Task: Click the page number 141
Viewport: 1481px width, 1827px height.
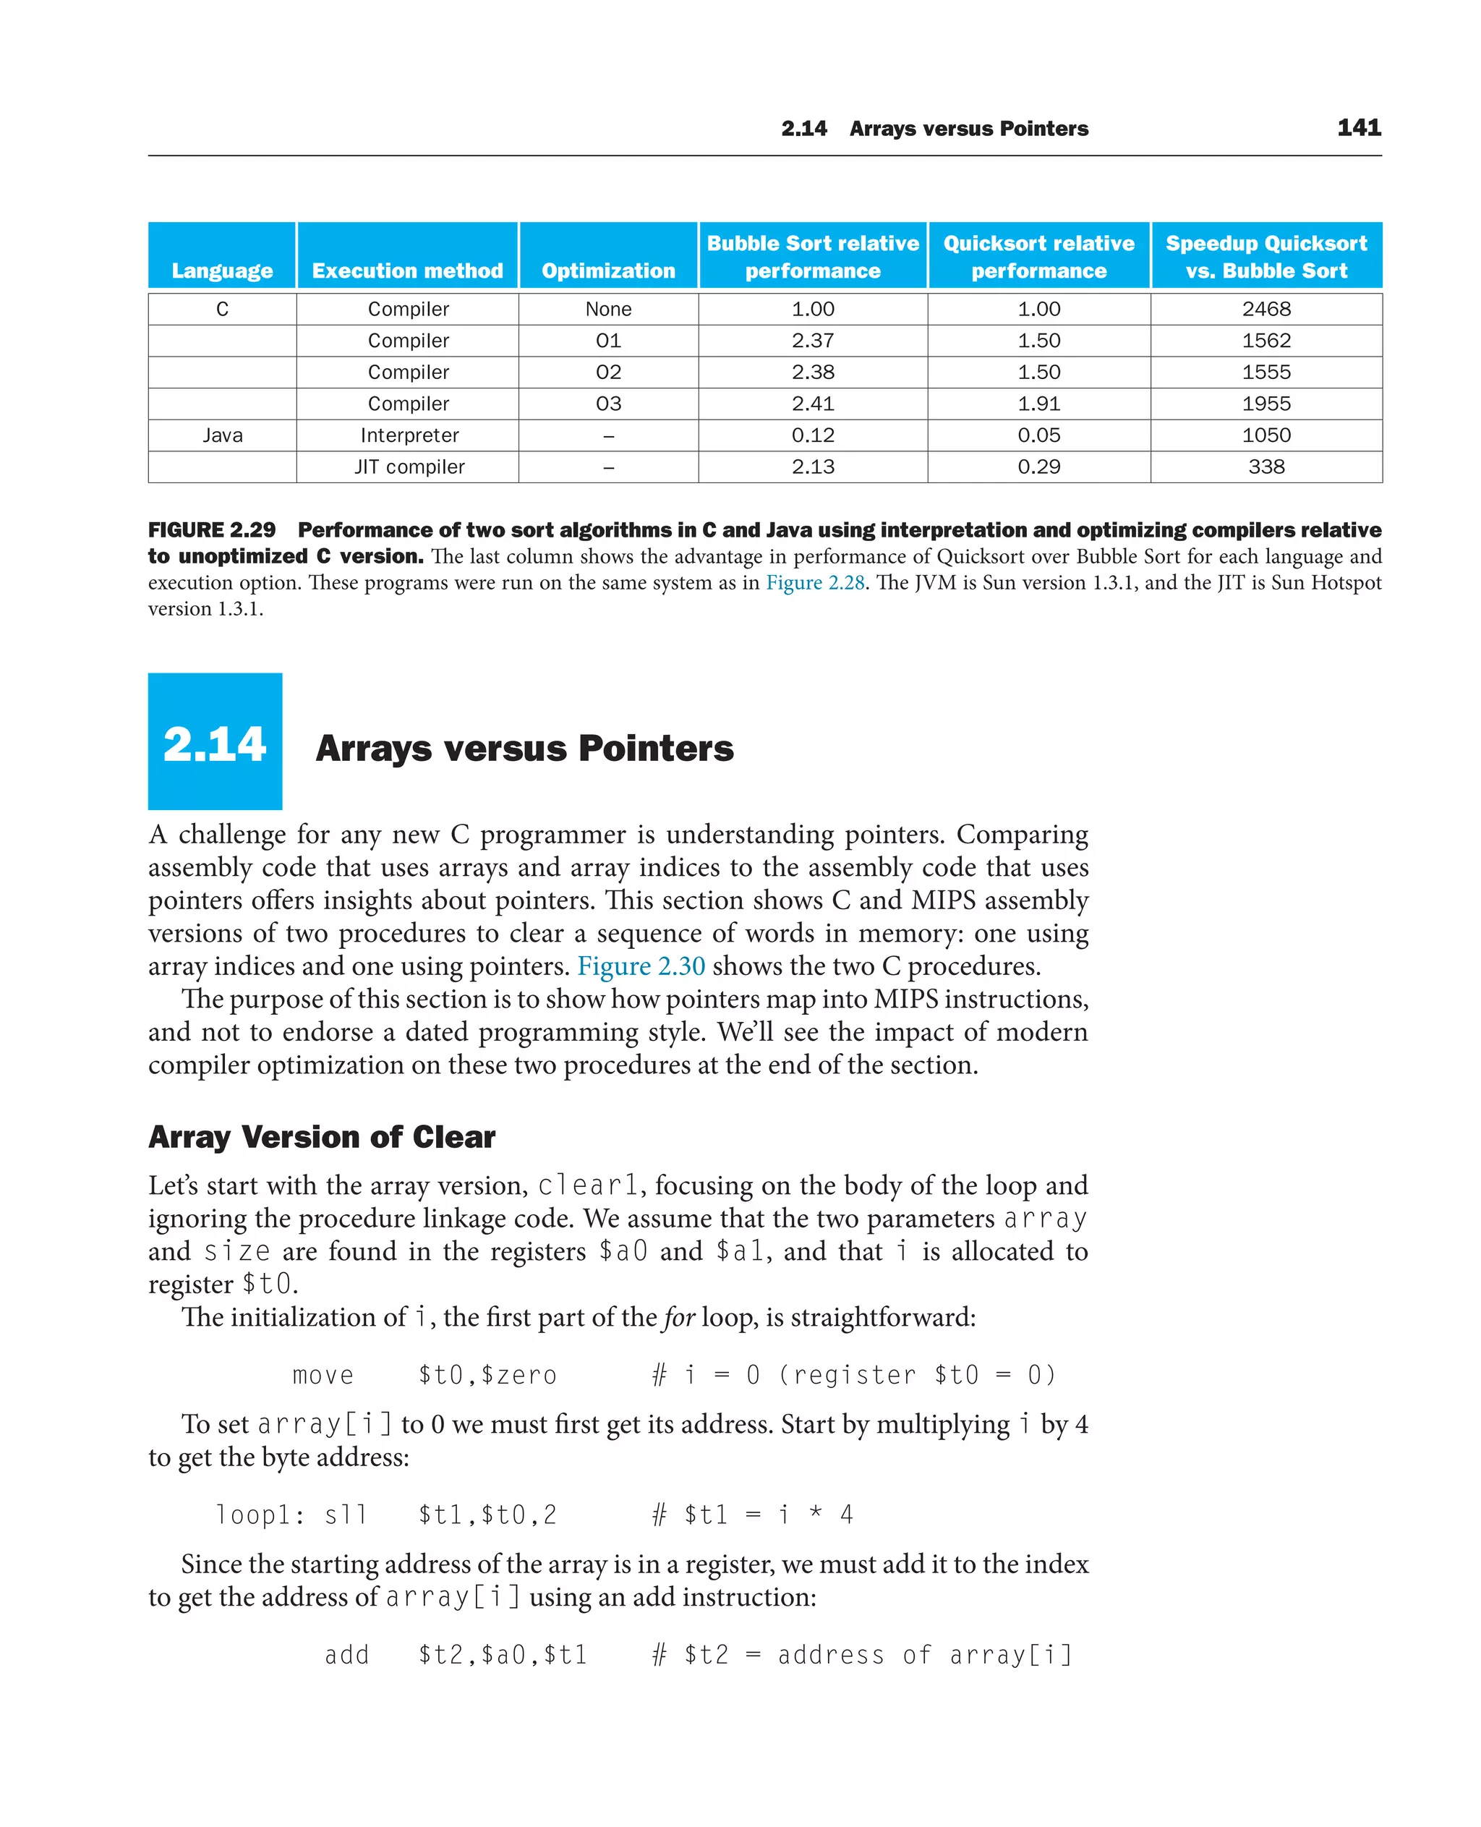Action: click(x=1358, y=128)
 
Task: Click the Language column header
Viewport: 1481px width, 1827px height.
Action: click(x=222, y=271)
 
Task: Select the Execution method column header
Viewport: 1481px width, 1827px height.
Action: click(x=407, y=271)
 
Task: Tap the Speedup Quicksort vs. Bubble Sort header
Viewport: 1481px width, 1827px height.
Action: click(x=1266, y=257)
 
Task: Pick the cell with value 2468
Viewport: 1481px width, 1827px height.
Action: click(x=1266, y=309)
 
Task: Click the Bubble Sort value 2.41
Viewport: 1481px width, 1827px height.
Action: click(x=812, y=404)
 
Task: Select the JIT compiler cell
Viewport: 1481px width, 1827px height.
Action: click(x=409, y=467)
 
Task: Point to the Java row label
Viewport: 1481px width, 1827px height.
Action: click(x=223, y=435)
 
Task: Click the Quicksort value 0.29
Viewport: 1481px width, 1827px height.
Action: click(x=1038, y=467)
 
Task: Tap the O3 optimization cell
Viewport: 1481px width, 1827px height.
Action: click(x=608, y=404)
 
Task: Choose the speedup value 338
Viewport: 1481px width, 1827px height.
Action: click(x=1266, y=467)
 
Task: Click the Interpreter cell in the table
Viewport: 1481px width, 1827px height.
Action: click(x=409, y=435)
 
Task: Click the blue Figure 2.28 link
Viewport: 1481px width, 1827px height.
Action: click(x=815, y=583)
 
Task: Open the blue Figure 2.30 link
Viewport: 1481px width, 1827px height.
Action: click(x=641, y=966)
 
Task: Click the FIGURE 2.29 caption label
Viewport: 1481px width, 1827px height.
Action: click(x=212, y=530)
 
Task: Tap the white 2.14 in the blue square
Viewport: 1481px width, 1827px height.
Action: click(x=214, y=744)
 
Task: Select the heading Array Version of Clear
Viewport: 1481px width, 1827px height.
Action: click(x=322, y=1138)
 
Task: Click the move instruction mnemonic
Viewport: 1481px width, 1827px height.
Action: click(x=323, y=1376)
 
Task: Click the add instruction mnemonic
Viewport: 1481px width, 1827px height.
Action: click(x=346, y=1655)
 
